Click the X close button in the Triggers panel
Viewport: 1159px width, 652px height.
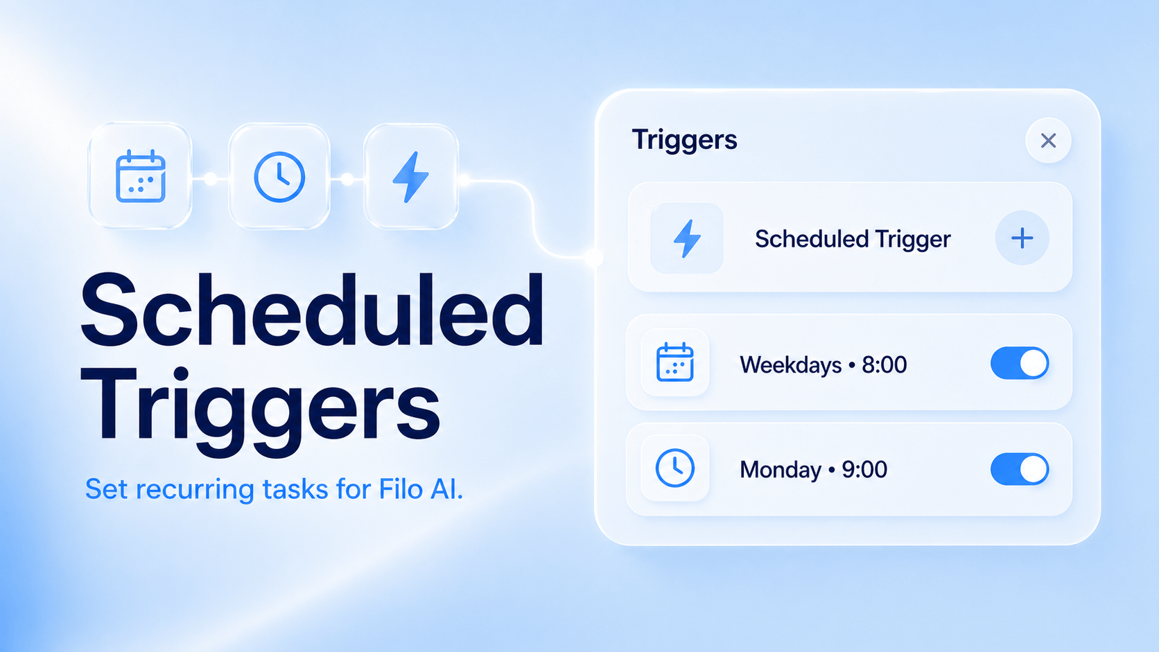tap(1048, 141)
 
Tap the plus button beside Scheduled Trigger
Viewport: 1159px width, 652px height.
tap(1022, 238)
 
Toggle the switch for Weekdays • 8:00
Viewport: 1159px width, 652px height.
tap(1020, 363)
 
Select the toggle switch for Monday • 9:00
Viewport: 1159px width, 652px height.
tap(1020, 469)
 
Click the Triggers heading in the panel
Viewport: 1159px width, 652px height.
tap(684, 140)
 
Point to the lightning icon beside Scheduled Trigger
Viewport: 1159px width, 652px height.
tap(687, 238)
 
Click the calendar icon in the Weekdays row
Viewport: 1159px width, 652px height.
tap(674, 362)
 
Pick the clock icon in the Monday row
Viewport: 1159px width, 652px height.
tap(674, 468)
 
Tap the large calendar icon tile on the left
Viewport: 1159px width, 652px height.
tap(140, 176)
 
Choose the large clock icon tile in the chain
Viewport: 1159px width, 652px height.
tap(279, 176)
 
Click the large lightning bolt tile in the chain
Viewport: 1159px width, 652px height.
tap(411, 176)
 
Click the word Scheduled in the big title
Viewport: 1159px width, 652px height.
tap(312, 310)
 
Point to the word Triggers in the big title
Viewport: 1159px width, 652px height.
tap(260, 408)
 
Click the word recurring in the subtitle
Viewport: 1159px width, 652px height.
tap(195, 490)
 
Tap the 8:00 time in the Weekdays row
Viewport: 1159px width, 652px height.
tap(885, 364)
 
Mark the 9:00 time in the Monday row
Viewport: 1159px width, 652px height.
tap(864, 470)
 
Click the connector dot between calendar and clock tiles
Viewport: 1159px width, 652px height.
tap(210, 179)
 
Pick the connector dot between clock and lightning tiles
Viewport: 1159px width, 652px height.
tap(347, 179)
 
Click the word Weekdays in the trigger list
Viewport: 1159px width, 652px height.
tap(791, 365)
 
